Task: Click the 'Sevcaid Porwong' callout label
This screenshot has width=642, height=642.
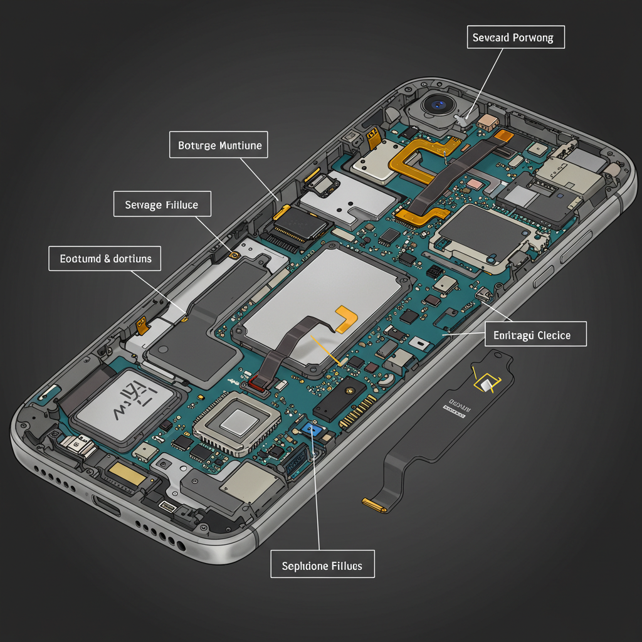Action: click(x=515, y=38)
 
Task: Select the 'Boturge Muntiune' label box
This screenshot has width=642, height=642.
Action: click(x=219, y=145)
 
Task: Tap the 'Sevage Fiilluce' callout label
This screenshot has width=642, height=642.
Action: click(x=162, y=204)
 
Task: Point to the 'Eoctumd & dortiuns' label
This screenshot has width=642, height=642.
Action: click(x=105, y=258)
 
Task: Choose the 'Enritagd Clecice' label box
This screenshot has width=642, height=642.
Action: click(x=536, y=334)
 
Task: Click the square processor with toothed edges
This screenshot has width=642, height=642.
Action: click(x=236, y=423)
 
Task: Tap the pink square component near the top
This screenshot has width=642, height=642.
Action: click(x=475, y=184)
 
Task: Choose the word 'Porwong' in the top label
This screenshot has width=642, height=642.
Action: click(x=534, y=38)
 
